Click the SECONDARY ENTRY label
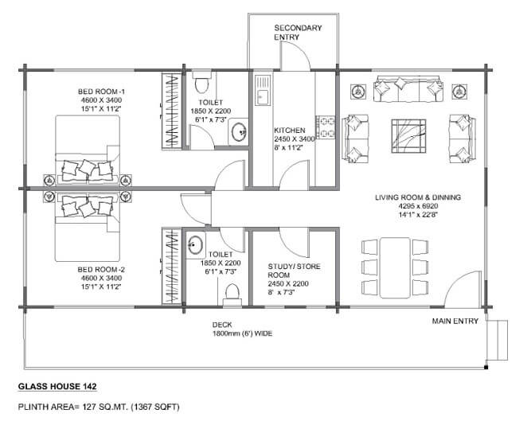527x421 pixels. click(x=298, y=33)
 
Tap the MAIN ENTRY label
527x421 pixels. click(x=455, y=322)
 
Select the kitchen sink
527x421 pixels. click(x=263, y=91)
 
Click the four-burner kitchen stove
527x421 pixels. click(x=325, y=127)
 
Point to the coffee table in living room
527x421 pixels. click(x=408, y=136)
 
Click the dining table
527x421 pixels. click(x=395, y=267)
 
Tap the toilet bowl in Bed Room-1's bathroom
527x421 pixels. click(x=202, y=83)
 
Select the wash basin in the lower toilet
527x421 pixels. click(x=195, y=244)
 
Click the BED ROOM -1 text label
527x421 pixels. click(x=102, y=92)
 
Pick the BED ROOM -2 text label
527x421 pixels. click(x=101, y=270)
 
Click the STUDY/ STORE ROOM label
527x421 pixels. click(x=294, y=271)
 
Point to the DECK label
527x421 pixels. click(x=222, y=325)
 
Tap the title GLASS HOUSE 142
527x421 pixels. click(x=57, y=387)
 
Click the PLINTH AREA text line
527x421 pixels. click(x=99, y=407)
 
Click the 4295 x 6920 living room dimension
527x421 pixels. click(x=418, y=206)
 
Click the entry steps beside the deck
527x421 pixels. click(x=497, y=340)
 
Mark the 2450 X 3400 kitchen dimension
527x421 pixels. click(x=295, y=138)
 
